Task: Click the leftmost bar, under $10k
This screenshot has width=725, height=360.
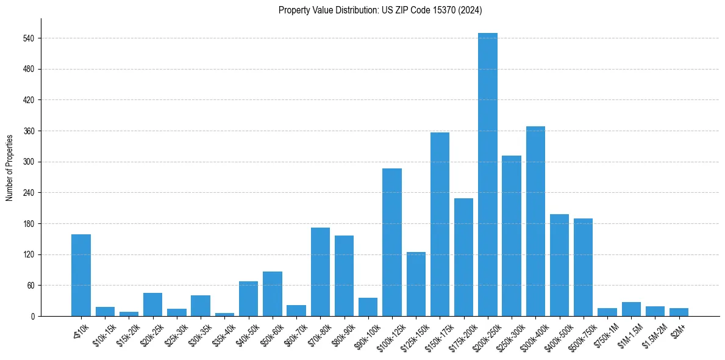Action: coord(81,275)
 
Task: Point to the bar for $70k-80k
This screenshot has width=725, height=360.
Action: coord(320,272)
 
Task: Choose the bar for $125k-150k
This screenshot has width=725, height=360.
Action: coord(416,284)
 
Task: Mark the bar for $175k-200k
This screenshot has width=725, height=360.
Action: coord(463,257)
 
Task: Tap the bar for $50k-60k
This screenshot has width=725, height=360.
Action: coord(273,293)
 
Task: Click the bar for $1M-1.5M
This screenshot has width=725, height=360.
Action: coord(631,309)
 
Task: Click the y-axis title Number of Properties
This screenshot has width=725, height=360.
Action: coord(9,167)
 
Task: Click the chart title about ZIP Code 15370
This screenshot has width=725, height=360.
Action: coord(380,10)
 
